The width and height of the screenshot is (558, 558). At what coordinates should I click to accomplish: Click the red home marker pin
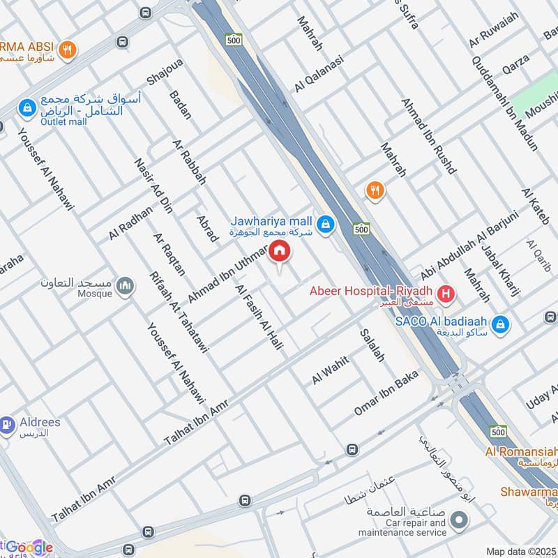click(x=280, y=250)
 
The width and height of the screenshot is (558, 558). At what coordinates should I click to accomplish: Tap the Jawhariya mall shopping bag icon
click(x=324, y=225)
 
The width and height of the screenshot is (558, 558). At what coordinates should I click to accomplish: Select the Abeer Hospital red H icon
click(x=447, y=295)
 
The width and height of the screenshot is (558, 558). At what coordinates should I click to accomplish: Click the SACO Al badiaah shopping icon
click(x=499, y=324)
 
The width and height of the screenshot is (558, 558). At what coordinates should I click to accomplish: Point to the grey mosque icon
click(x=125, y=286)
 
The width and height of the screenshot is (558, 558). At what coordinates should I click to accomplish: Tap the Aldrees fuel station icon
click(x=7, y=423)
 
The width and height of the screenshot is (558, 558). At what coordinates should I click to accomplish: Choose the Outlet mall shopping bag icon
click(x=27, y=107)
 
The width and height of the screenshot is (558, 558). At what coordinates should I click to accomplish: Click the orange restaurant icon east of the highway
click(x=375, y=190)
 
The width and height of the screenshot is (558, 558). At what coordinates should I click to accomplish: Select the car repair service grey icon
click(x=458, y=520)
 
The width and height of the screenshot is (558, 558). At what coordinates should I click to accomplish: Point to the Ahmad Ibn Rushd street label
click(x=428, y=136)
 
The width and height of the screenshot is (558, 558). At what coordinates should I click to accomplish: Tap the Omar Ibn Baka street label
click(x=385, y=397)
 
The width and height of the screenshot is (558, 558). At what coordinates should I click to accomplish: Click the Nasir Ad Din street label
click(x=154, y=185)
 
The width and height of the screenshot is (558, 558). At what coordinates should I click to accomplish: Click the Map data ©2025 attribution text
click(x=520, y=551)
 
